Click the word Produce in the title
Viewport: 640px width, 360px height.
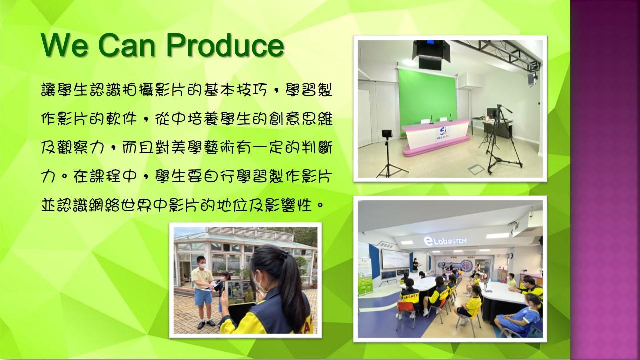225,46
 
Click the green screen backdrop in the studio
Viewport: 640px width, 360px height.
428,98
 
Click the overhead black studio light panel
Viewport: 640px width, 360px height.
431,54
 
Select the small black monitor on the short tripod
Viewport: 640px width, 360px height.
387,134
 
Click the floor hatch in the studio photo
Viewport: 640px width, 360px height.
476,169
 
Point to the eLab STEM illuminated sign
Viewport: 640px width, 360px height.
445,241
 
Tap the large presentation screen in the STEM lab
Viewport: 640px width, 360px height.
395,259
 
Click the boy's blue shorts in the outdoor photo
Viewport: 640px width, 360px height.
203,297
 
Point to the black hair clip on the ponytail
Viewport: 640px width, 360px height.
283,254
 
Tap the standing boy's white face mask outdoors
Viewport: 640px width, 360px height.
203,265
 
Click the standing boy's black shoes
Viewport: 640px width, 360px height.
206,324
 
